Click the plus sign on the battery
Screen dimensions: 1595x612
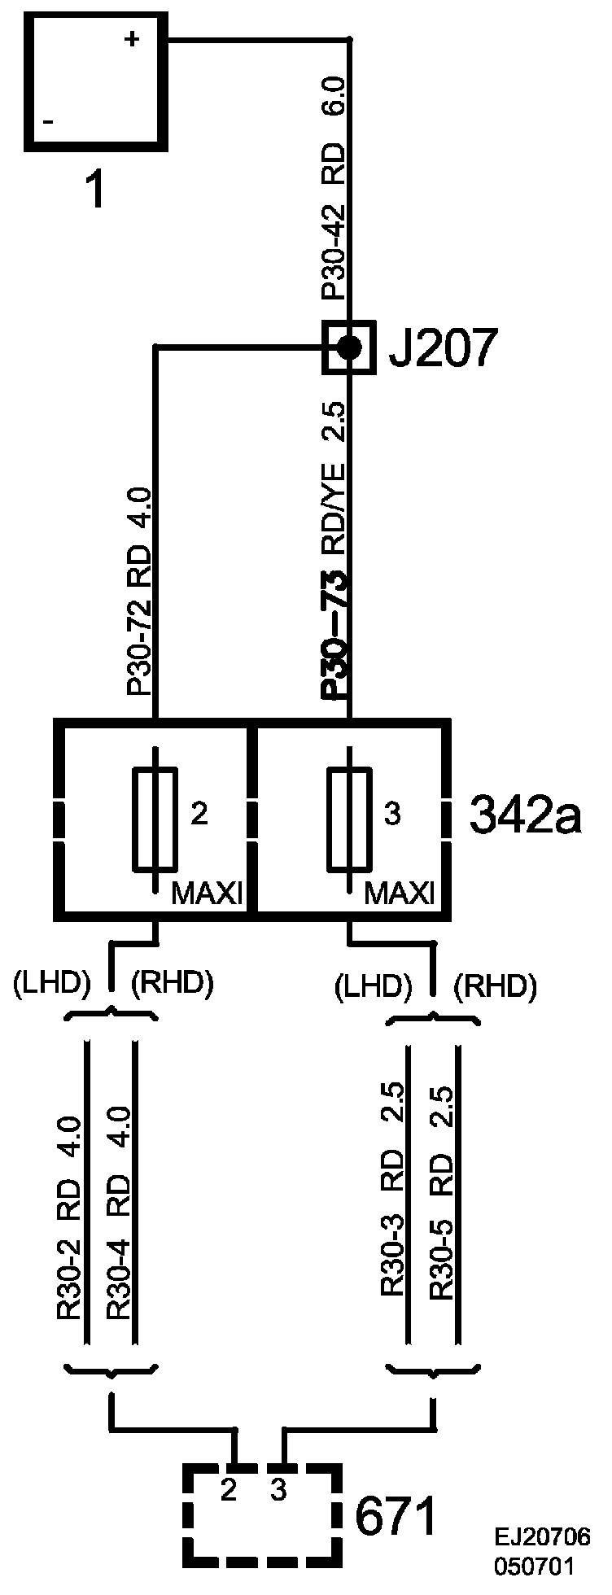131,39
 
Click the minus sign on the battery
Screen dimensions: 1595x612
48,122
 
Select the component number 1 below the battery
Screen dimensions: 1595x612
95,192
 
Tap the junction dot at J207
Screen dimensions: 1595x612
349,348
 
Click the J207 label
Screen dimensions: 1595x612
440,349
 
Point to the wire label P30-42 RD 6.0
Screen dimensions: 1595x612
334,187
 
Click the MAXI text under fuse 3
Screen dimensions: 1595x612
399,895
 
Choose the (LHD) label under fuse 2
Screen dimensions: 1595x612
50,984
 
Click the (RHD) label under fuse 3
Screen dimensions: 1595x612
496,987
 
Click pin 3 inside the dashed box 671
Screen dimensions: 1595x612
278,1490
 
